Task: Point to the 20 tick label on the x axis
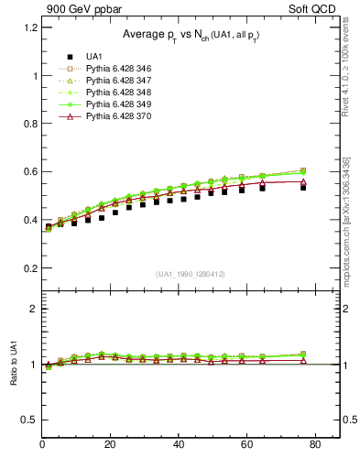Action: (111, 445)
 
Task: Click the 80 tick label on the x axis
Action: (315, 445)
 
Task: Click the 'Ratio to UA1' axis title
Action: (13, 365)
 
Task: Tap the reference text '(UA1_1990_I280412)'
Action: (191, 274)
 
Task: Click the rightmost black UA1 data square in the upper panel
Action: (303, 187)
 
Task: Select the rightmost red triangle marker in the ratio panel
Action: (303, 361)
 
